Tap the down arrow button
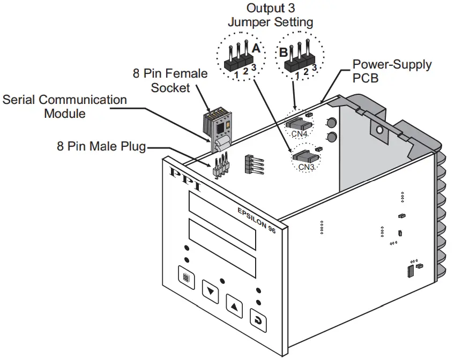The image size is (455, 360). [211, 292]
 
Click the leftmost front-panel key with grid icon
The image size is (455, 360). [185, 278]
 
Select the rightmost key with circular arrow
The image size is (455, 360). [259, 321]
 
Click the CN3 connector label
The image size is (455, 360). [306, 167]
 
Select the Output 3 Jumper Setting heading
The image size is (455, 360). [270, 16]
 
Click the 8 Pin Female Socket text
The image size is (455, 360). [170, 80]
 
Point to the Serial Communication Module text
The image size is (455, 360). [65, 107]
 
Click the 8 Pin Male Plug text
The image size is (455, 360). [101, 146]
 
